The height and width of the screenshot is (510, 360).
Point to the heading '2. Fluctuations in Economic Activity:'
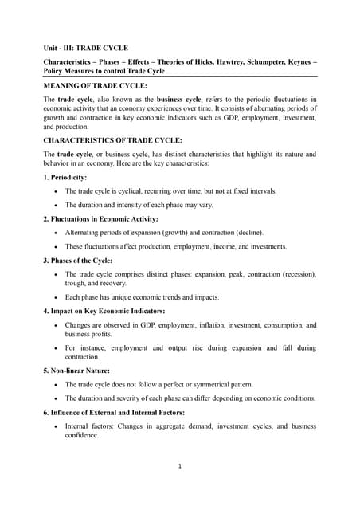pyautogui.click(x=100, y=218)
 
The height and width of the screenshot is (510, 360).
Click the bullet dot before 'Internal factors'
pyautogui.click(x=54, y=426)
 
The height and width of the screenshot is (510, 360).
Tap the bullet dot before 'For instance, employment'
pyautogui.click(x=54, y=348)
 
